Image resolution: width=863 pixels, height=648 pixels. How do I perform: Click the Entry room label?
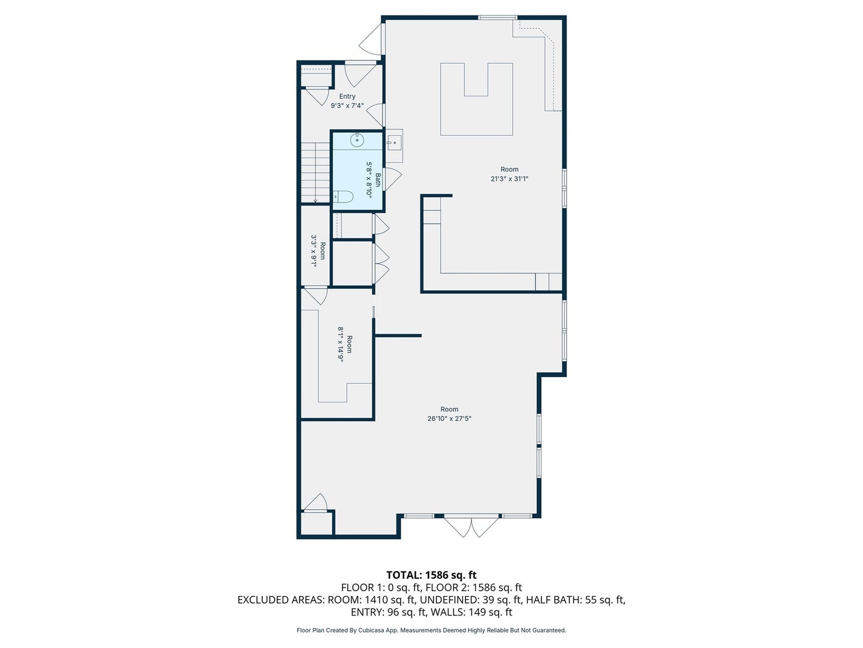click(x=347, y=96)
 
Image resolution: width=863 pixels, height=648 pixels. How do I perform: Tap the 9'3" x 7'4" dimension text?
click(x=347, y=106)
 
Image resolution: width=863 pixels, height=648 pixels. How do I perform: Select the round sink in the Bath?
click(x=358, y=139)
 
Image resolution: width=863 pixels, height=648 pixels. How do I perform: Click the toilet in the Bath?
click(x=343, y=196)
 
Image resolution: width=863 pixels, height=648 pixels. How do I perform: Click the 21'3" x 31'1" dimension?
click(x=509, y=178)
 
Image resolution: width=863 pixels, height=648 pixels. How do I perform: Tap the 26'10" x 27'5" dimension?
click(x=449, y=418)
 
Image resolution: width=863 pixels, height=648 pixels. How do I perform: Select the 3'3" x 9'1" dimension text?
click(x=314, y=251)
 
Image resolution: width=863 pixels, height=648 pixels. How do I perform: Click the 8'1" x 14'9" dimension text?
click(x=340, y=344)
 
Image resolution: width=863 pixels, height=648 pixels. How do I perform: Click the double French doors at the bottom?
click(x=472, y=526)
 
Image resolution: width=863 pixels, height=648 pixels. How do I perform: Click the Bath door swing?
click(x=393, y=179)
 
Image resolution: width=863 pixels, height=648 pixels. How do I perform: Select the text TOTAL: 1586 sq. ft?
click(x=431, y=575)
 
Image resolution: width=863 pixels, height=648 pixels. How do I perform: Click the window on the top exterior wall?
click(x=497, y=17)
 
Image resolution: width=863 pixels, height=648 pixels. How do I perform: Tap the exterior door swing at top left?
click(x=370, y=39)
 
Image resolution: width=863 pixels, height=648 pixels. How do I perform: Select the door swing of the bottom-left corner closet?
click(x=315, y=502)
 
